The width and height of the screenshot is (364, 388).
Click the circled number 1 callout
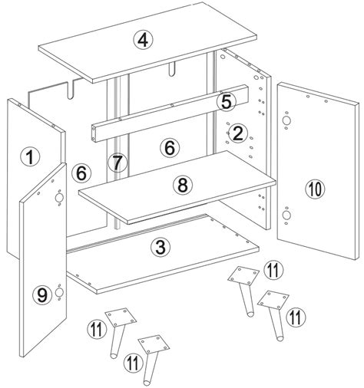pyautogui.click(x=28, y=157)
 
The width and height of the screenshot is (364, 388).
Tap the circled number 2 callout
pyautogui.click(x=239, y=133)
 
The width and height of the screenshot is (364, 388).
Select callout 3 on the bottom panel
pyautogui.click(x=159, y=247)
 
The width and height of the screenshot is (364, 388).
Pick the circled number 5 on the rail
pyautogui.click(x=225, y=100)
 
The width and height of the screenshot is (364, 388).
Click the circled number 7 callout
pyautogui.click(x=117, y=162)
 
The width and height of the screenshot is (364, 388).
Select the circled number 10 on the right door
pyautogui.click(x=313, y=189)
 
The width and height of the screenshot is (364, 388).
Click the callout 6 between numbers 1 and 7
pyautogui.click(x=81, y=174)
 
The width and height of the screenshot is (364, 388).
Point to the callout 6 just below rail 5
pyautogui.click(x=170, y=145)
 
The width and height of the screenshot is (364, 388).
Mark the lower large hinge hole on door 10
pyautogui.click(x=286, y=216)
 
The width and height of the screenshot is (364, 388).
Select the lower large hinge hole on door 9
pyautogui.click(x=59, y=294)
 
